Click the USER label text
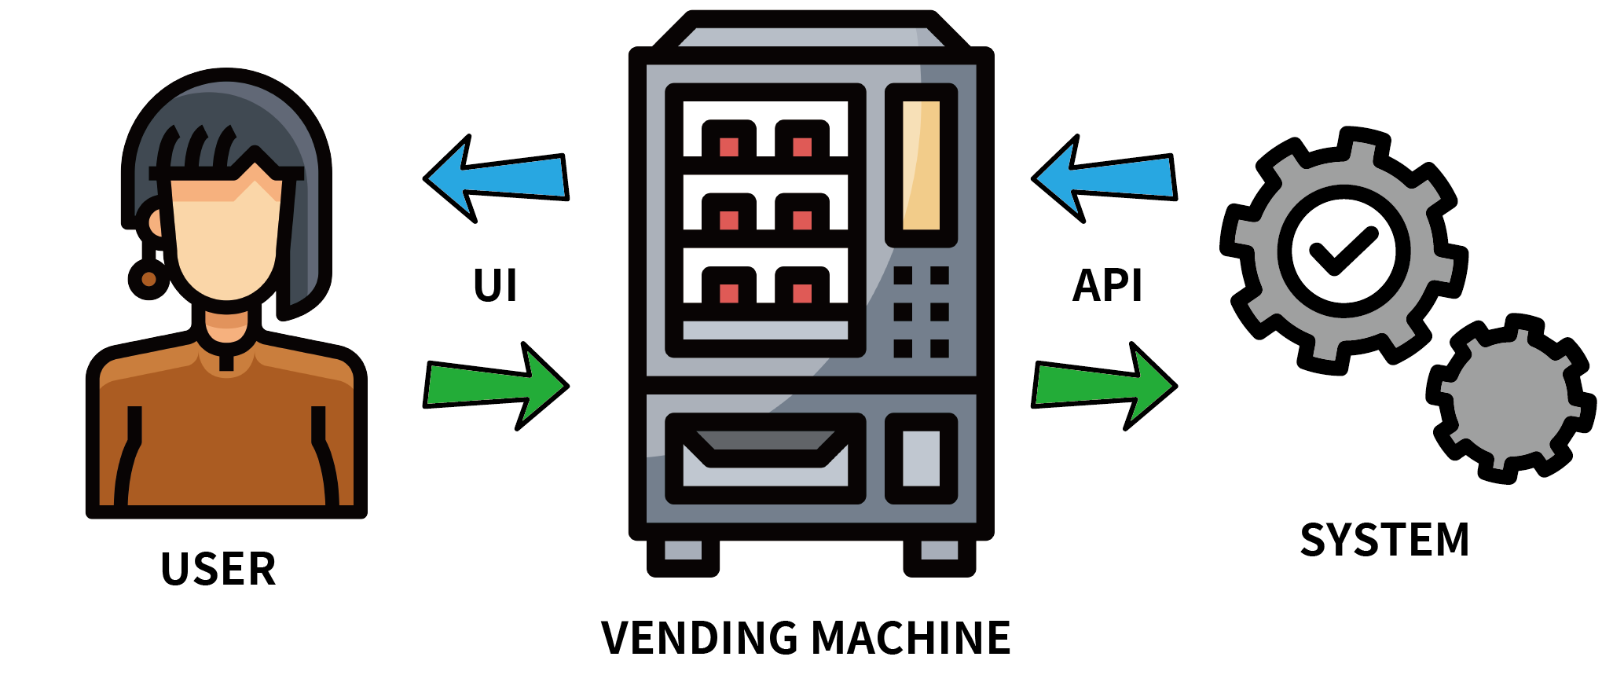point(218,569)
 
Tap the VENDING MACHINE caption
point(805,637)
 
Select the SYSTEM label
point(1384,540)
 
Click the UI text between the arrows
point(495,285)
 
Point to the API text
point(1107,285)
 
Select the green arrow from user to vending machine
point(495,386)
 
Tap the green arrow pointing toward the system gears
point(1104,386)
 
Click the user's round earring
point(148,279)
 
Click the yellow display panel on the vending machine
point(921,165)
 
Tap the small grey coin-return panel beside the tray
point(921,458)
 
